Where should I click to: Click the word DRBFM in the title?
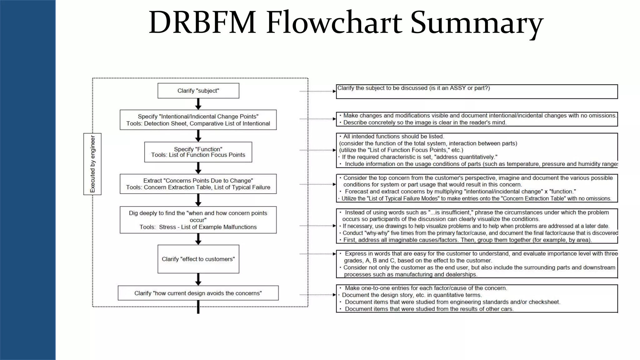point(202,22)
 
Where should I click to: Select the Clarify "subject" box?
point(198,91)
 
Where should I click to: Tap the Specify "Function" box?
point(198,152)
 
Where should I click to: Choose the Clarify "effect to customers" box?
point(198,259)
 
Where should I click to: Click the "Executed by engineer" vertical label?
point(92,164)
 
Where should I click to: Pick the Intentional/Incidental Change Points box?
point(198,120)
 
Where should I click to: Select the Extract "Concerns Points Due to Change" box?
point(198,184)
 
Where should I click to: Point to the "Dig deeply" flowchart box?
point(198,220)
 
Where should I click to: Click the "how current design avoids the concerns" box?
point(198,293)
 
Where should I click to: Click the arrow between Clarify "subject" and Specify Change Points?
point(198,104)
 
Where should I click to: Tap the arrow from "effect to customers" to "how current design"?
point(198,279)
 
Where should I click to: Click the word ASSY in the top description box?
point(457,88)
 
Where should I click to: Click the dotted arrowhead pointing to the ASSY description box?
point(334,91)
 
